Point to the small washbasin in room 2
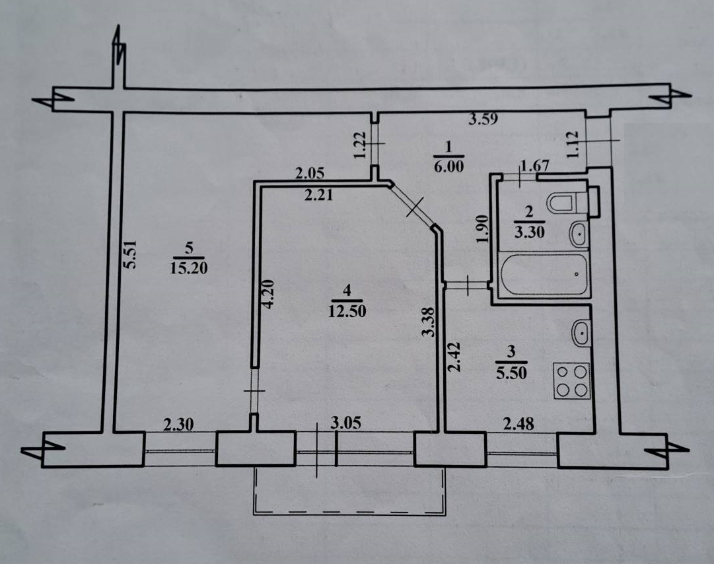(x=579, y=232)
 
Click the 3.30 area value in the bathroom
(x=528, y=232)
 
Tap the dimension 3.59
(x=482, y=120)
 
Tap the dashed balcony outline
(x=347, y=512)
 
